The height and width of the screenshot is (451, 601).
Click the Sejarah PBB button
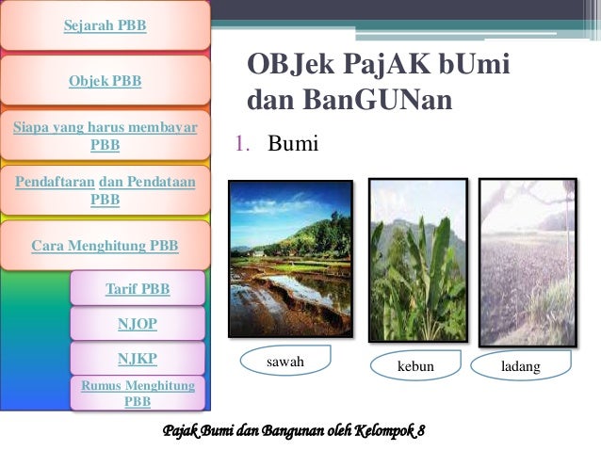coord(105,25)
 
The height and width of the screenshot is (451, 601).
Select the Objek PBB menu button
coord(105,81)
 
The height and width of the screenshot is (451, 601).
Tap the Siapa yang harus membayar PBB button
coord(105,137)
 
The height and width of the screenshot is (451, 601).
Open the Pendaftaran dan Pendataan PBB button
coord(105,190)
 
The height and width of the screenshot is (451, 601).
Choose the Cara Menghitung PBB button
coord(105,246)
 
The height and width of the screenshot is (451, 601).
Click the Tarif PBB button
coord(138,288)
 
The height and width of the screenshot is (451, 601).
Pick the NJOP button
coord(138,324)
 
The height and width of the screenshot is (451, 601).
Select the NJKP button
coord(138,359)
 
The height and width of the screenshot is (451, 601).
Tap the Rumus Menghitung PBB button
coord(138,394)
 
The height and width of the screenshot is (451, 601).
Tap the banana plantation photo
coord(417,260)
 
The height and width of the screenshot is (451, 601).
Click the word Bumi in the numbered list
coord(294,144)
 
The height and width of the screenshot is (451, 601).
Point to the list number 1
coord(241,145)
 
